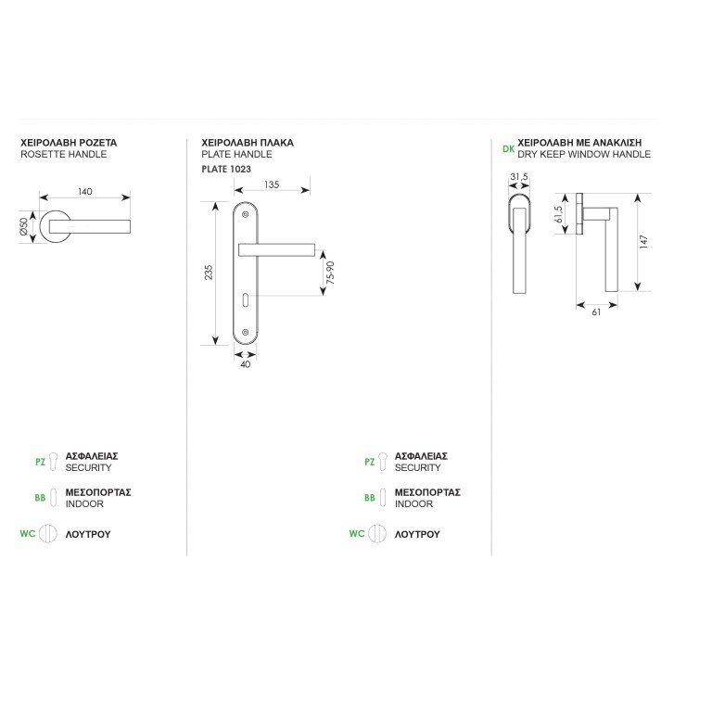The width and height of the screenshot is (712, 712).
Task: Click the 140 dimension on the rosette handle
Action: coord(85,192)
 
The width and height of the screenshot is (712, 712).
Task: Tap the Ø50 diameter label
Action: coord(23,227)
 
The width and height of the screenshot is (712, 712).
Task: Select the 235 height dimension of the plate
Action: coord(209,273)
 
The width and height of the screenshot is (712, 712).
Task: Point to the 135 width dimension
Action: coord(272,184)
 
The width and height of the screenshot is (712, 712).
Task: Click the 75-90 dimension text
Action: coord(330,273)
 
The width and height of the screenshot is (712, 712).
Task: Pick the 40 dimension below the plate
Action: coord(245,364)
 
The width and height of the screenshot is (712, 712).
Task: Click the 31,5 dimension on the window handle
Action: coord(519,177)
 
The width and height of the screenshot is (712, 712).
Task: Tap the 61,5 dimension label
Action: coord(558,214)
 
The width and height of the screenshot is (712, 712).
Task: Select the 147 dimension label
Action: coord(643,242)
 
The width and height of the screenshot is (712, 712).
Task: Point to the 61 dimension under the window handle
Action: coord(596,311)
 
